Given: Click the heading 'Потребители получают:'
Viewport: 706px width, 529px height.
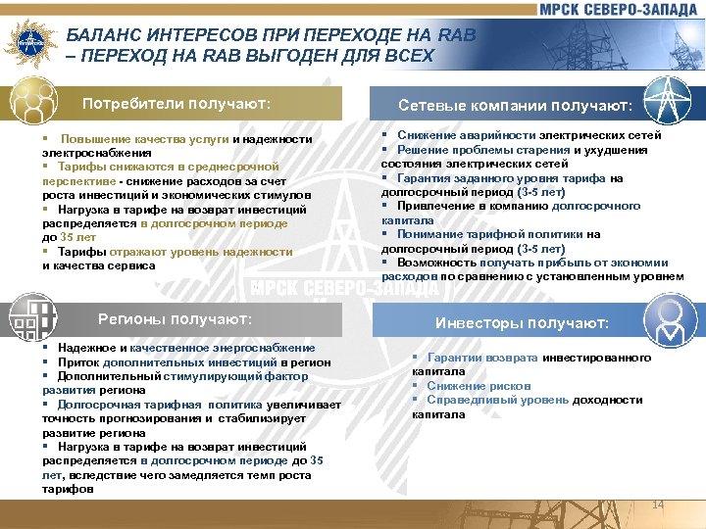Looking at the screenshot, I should (x=176, y=103).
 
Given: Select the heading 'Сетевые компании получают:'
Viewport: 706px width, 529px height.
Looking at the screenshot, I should (x=515, y=105).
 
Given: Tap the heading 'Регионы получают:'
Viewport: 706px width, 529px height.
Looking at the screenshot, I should (x=176, y=319).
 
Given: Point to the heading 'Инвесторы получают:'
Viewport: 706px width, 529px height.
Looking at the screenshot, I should (x=522, y=322).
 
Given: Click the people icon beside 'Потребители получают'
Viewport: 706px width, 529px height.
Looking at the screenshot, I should (x=32, y=103).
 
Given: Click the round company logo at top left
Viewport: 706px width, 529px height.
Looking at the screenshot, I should (x=27, y=42).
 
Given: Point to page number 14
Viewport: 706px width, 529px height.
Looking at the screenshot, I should (x=657, y=505).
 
